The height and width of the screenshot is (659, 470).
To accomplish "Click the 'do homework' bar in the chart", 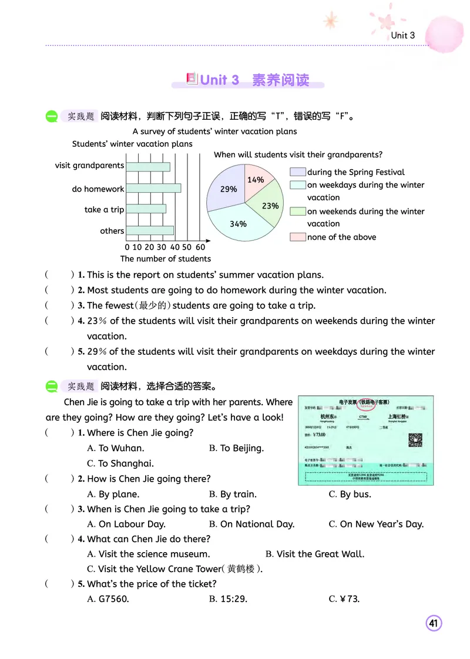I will pos(153,189).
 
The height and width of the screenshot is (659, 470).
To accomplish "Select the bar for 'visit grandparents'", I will pos(148,167).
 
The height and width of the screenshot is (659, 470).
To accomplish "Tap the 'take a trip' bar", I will pos(146,209).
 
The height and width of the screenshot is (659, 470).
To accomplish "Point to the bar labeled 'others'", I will pos(150,230).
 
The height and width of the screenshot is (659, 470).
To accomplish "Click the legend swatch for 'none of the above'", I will pos(298,237).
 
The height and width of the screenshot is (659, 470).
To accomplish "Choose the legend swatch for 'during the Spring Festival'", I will pos(298,172).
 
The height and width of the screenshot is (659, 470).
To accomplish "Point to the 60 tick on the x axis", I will pos(200,247).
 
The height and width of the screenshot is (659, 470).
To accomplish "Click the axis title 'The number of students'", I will pos(165,258).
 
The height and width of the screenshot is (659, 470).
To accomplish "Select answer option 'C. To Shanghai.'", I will pos(120,463).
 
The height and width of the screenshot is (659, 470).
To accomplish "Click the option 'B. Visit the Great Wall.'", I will pos(315,554).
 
